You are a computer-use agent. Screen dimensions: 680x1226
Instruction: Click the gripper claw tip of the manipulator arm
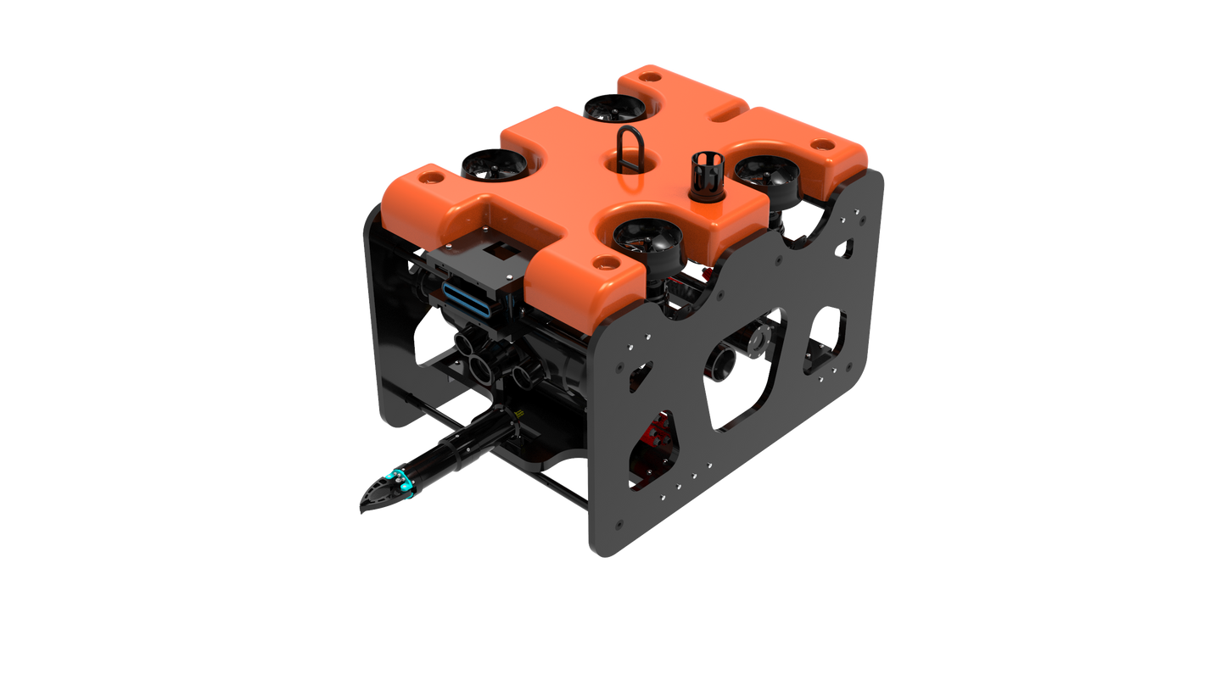pyautogui.click(x=370, y=501)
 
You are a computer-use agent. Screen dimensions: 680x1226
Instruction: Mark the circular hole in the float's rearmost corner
pyautogui.click(x=821, y=145)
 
